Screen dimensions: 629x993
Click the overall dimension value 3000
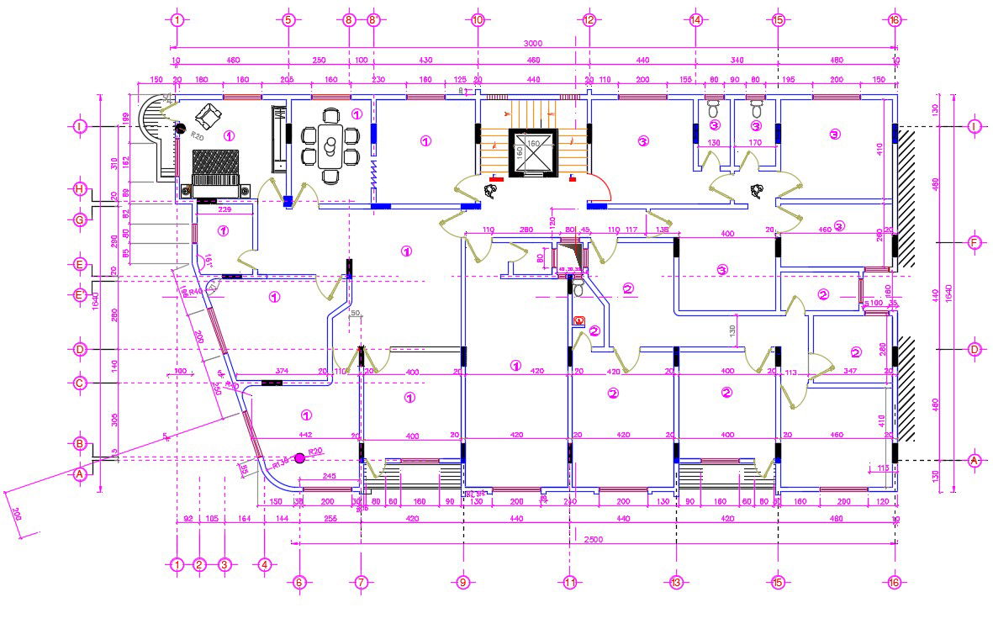[532, 44]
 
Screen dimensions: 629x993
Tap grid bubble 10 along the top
[478, 19]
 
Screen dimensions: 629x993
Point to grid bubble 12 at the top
[589, 19]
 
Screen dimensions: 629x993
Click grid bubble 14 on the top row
[695, 19]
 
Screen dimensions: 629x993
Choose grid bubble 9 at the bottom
[462, 582]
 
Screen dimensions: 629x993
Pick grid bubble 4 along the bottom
[265, 565]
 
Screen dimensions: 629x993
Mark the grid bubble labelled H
[80, 189]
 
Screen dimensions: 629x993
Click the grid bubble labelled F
[975, 242]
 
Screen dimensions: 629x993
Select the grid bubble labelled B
[80, 443]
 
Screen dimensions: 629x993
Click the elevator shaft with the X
[532, 152]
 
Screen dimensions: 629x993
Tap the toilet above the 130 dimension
[714, 109]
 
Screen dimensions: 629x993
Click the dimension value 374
[282, 371]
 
